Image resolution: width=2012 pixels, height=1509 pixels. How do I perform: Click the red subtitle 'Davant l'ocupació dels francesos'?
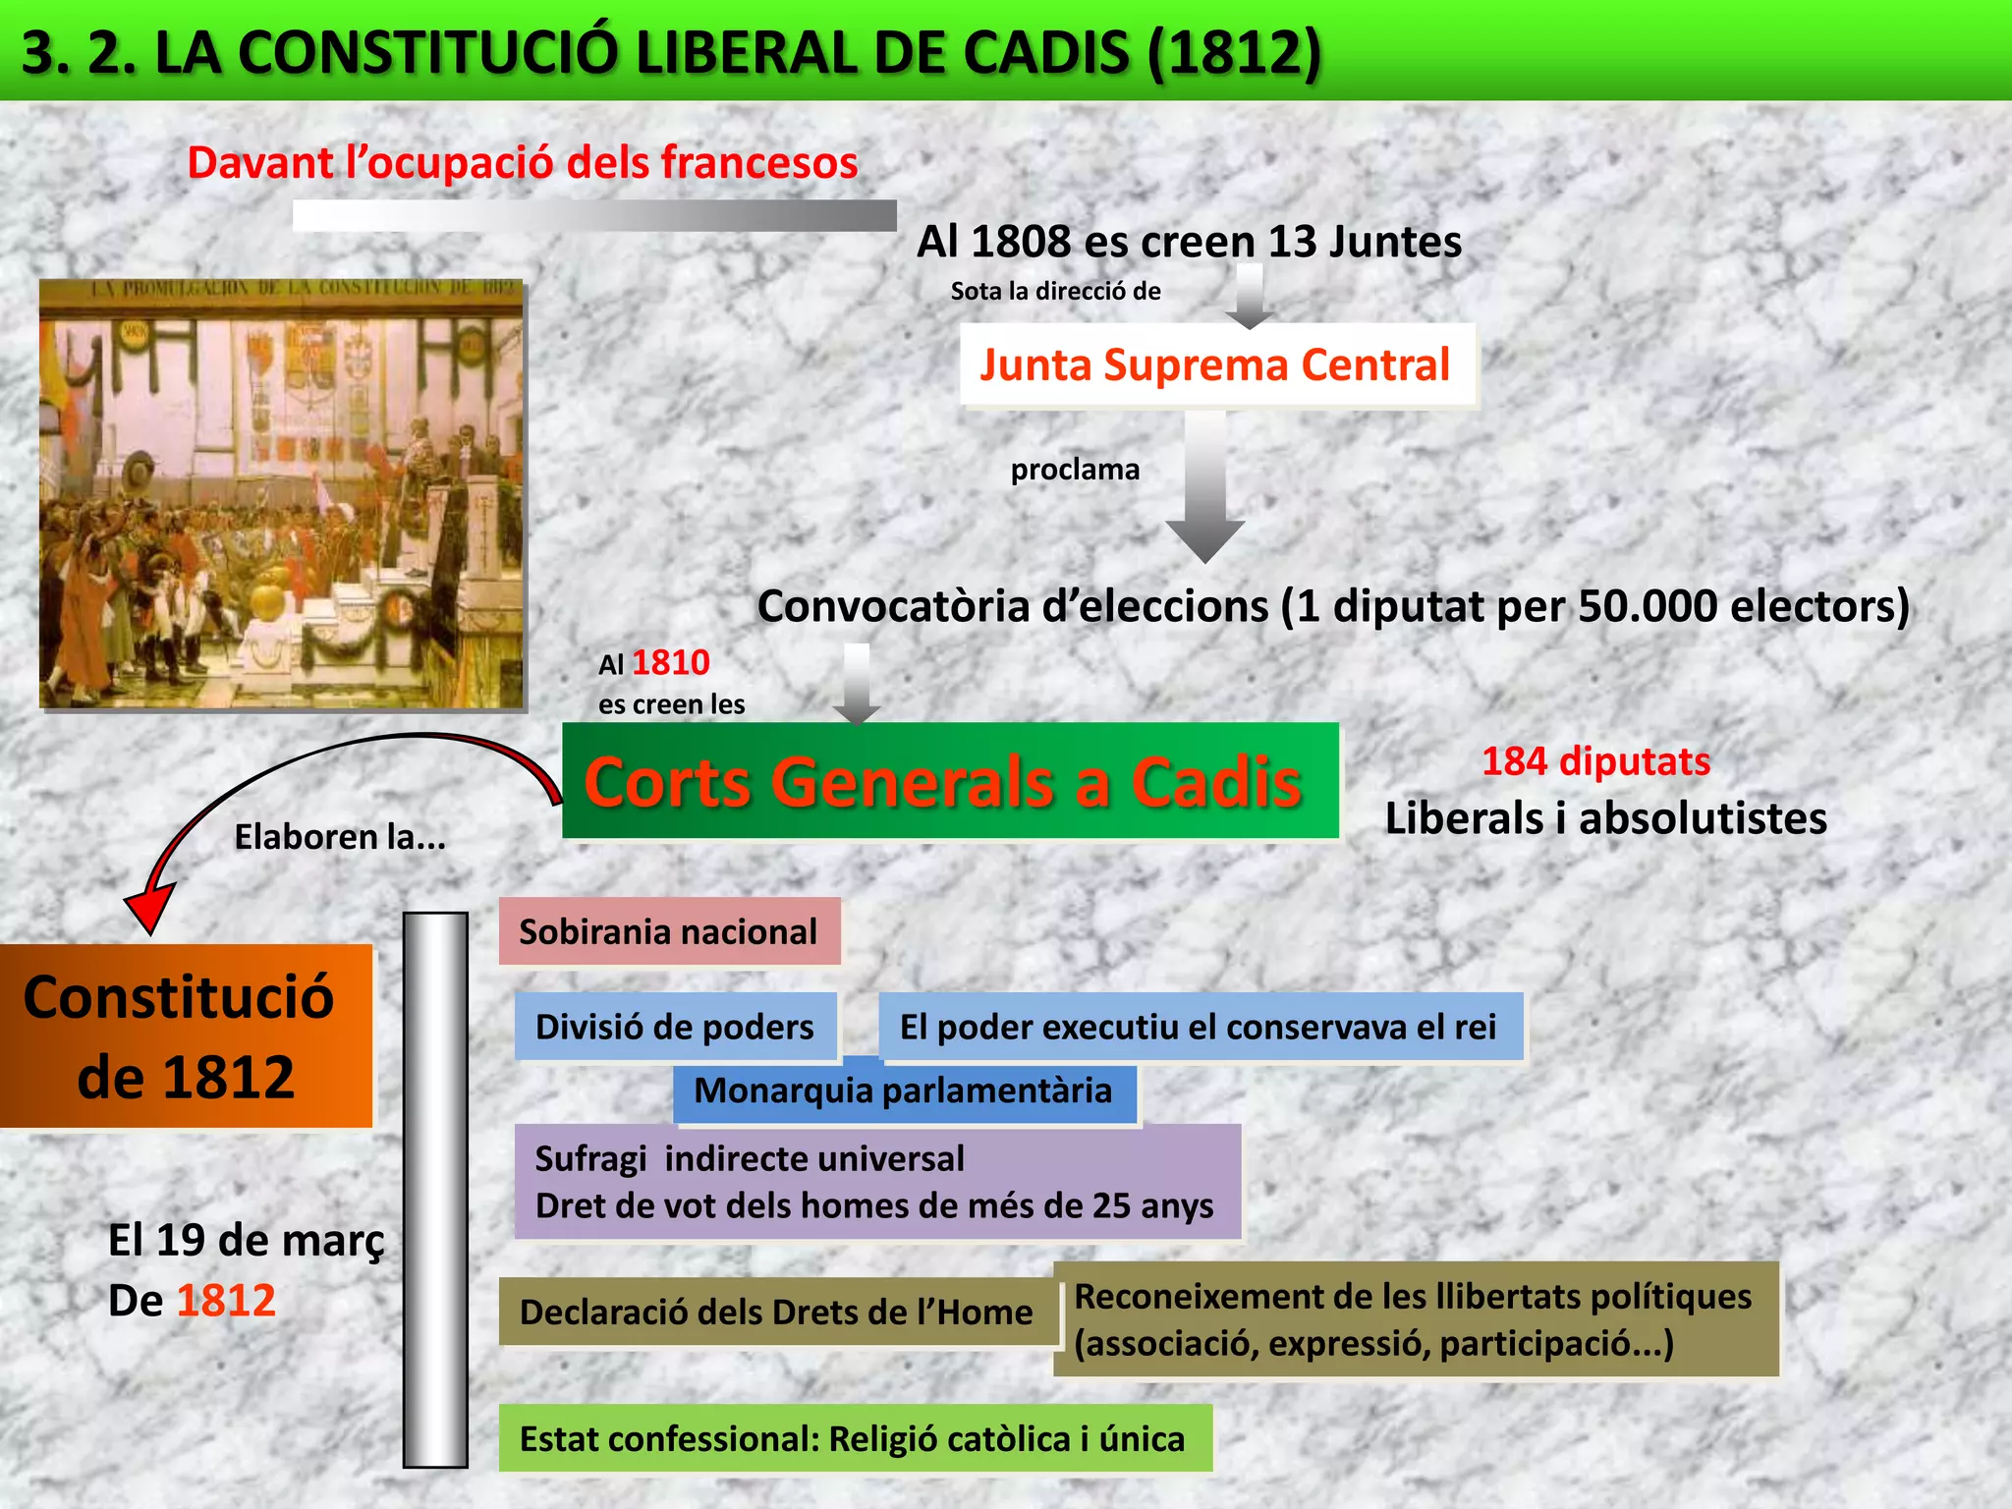pyautogui.click(x=523, y=162)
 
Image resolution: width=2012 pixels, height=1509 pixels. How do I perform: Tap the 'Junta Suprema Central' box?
pyautogui.click(x=1216, y=365)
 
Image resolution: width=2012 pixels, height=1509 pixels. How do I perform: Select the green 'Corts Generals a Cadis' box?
pyautogui.click(x=949, y=782)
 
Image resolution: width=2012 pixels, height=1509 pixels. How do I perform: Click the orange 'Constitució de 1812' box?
pyautogui.click(x=185, y=1036)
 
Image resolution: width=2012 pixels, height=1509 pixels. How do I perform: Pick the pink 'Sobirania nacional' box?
pyautogui.click(x=669, y=931)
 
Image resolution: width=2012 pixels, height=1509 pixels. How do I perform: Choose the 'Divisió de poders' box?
pyautogui.click(x=675, y=1027)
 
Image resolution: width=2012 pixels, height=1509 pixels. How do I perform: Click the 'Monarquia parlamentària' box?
pyautogui.click(x=904, y=1091)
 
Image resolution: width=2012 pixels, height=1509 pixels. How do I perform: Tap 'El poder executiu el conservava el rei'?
pyautogui.click(x=1199, y=1027)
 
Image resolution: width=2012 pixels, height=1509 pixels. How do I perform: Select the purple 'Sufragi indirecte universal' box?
pyautogui.click(x=876, y=1182)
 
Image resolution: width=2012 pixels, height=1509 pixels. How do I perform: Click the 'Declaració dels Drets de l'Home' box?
pyautogui.click(x=776, y=1313)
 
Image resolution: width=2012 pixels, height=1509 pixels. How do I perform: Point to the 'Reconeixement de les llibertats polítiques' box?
pyautogui.click(x=1415, y=1319)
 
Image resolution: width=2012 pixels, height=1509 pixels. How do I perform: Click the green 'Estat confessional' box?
pyautogui.click(x=853, y=1439)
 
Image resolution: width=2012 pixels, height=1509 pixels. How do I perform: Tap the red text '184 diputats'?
pyautogui.click(x=1595, y=761)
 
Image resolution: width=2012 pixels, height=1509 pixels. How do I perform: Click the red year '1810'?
pyautogui.click(x=671, y=663)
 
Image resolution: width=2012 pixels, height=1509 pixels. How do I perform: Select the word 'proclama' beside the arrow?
pyautogui.click(x=1076, y=470)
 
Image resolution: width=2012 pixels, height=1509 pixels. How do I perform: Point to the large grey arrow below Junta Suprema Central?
pyautogui.click(x=1205, y=487)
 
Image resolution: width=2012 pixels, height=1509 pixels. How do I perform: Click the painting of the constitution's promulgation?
pyautogui.click(x=282, y=494)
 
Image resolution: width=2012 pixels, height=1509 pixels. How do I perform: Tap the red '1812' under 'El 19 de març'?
pyautogui.click(x=227, y=1301)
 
